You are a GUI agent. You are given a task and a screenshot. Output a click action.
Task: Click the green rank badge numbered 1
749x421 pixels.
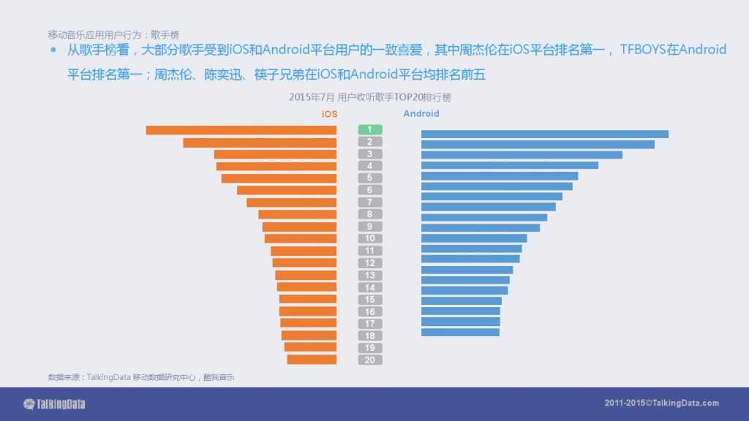click(x=370, y=129)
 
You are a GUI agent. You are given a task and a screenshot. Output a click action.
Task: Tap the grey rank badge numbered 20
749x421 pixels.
click(x=370, y=360)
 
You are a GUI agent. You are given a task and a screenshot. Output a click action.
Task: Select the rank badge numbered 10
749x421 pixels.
click(x=370, y=238)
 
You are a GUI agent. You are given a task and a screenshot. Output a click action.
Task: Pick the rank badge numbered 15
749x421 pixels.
click(x=370, y=299)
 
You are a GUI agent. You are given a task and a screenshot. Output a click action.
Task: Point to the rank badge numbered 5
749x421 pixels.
click(x=370, y=178)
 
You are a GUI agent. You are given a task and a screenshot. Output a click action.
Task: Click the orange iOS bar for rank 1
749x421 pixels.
click(x=241, y=130)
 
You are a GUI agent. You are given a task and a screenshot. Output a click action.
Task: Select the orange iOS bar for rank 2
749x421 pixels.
click(x=260, y=143)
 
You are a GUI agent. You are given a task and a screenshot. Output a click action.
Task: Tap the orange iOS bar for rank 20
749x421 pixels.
click(x=312, y=360)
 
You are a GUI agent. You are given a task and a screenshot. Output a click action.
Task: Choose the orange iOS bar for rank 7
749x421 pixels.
click(x=291, y=202)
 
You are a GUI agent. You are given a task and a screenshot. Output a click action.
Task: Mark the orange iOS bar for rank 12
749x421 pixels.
click(x=304, y=262)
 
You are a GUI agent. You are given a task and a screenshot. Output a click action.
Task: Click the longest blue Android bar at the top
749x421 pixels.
click(x=545, y=134)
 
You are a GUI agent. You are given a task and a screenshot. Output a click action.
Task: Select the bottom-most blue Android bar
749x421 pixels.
click(x=460, y=333)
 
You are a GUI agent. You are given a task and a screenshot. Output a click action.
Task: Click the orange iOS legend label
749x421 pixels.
click(x=329, y=114)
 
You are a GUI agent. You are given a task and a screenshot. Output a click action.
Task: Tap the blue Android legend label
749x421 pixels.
click(x=421, y=114)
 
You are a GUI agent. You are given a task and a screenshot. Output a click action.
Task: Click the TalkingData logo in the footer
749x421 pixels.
click(x=55, y=403)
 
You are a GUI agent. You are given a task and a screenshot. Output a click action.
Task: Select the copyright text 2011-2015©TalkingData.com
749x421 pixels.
click(x=661, y=403)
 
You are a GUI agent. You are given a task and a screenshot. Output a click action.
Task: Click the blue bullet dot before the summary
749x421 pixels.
click(x=53, y=50)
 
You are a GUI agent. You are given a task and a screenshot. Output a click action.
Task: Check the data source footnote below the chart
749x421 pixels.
click(x=141, y=377)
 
